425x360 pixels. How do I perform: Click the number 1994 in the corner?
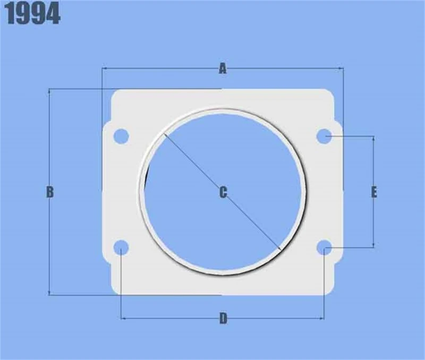pyautogui.click(x=33, y=15)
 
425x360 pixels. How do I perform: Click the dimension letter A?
pyautogui.click(x=223, y=68)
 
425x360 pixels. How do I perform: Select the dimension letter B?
pyautogui.click(x=50, y=192)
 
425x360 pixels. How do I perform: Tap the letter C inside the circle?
pyautogui.click(x=223, y=192)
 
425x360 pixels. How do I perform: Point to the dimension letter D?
pyautogui.click(x=223, y=319)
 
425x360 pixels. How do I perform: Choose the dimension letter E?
pyautogui.click(x=374, y=192)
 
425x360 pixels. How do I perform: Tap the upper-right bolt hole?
pyautogui.click(x=325, y=136)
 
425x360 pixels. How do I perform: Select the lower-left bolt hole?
pyautogui.click(x=122, y=247)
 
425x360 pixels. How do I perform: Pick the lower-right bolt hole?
pyautogui.click(x=325, y=247)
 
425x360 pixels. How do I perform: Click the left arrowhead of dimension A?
pyautogui.click(x=104, y=68)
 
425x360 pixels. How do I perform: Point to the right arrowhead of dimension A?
pyautogui.click(x=341, y=68)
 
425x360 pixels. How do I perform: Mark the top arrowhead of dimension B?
pyautogui.click(x=50, y=91)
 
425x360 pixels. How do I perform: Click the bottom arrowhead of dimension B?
pyautogui.click(x=50, y=293)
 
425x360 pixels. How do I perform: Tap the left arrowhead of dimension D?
pyautogui.click(x=124, y=319)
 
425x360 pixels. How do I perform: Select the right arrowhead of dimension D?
pyautogui.click(x=322, y=319)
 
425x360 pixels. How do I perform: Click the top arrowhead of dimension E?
pyautogui.click(x=374, y=139)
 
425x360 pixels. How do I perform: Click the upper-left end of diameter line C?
pyautogui.click(x=165, y=133)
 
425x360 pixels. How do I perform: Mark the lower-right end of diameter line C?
pyautogui.click(x=279, y=249)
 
